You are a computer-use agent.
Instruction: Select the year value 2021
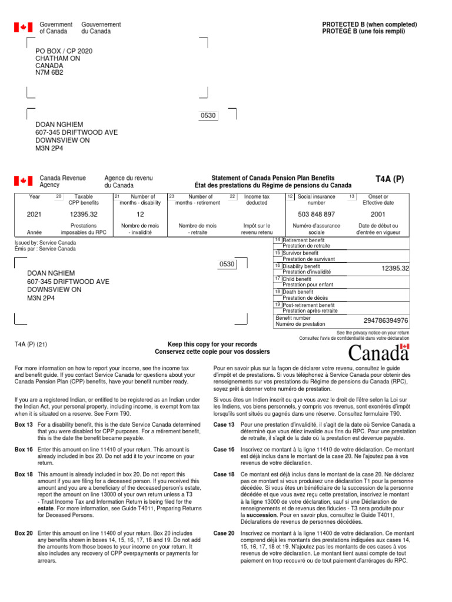[x=34, y=215]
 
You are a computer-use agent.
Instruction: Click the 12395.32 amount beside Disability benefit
[x=395, y=268]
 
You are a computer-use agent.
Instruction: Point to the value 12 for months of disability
[x=140, y=215]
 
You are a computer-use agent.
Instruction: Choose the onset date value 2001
[x=378, y=215]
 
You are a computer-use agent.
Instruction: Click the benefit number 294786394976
[x=385, y=320]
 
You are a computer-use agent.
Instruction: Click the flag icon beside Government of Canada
[x=24, y=28]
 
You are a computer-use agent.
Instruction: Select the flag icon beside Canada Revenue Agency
[x=24, y=181]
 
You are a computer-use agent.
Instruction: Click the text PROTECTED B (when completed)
[x=369, y=25]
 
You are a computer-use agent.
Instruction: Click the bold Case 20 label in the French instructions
[x=224, y=533]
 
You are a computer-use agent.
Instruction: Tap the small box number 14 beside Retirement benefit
[x=278, y=240]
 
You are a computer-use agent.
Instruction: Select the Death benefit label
[x=298, y=292]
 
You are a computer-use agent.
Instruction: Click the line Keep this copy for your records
[x=212, y=344]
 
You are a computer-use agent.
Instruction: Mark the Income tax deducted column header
[x=257, y=200]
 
